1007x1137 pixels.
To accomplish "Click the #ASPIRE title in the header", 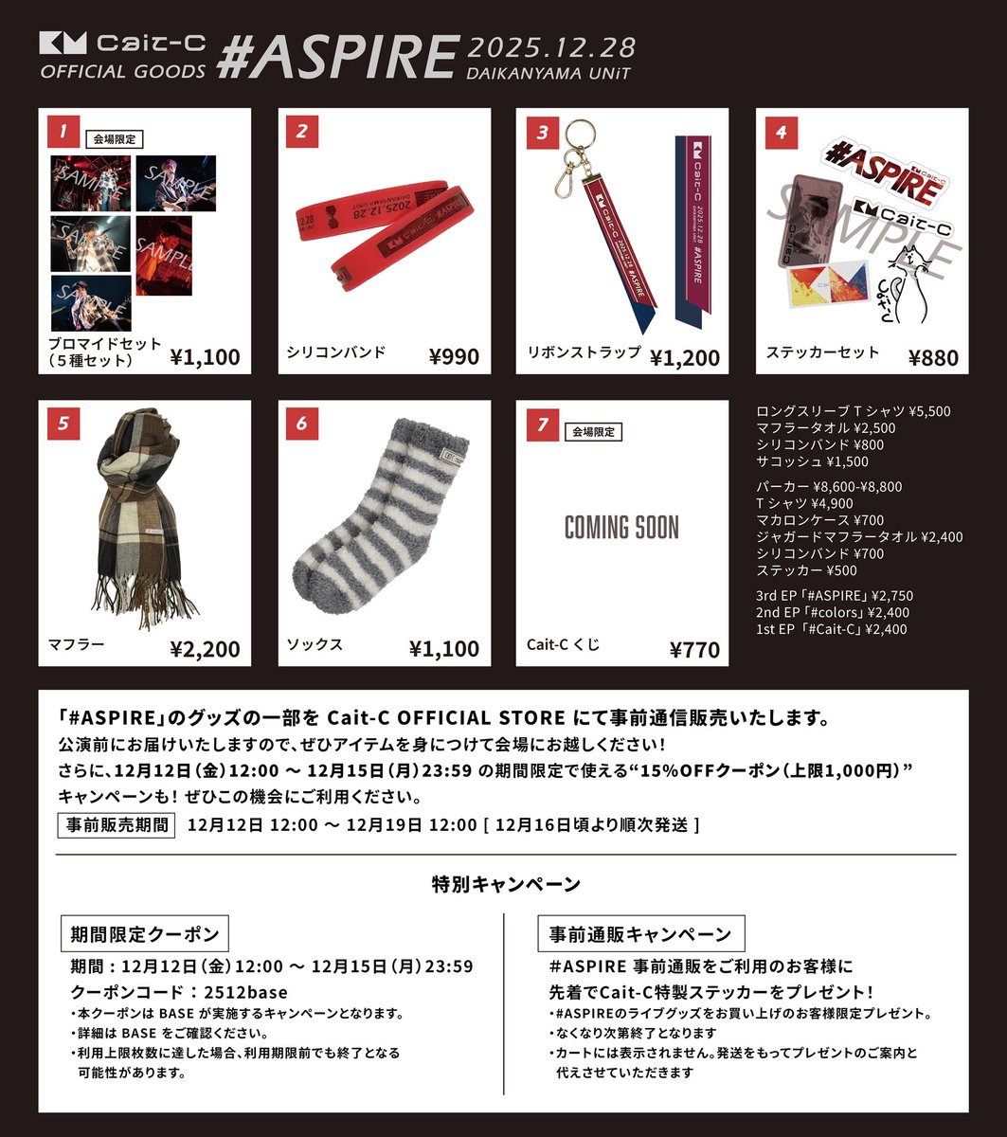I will coord(336,57).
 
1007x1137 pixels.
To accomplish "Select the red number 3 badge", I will coord(541,133).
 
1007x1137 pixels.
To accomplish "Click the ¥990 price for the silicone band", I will coord(454,356).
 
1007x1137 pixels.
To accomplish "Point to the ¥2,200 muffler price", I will coord(205,649).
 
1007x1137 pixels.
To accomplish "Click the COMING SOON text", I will coord(621,528).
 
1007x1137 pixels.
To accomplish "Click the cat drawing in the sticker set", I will coord(908,284).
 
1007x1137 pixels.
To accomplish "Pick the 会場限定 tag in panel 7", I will coord(594,432).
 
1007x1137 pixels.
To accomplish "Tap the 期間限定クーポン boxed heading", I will coord(145,933).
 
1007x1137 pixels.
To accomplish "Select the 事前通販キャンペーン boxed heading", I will coord(640,933).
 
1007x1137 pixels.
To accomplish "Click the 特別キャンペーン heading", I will coord(505,885).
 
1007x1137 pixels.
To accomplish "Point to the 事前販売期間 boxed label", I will coord(117,824).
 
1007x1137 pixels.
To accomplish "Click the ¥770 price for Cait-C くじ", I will coord(694,649).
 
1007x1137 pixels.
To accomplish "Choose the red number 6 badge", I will coord(301,424).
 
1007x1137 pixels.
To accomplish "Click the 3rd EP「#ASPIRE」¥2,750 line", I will coord(835,596).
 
